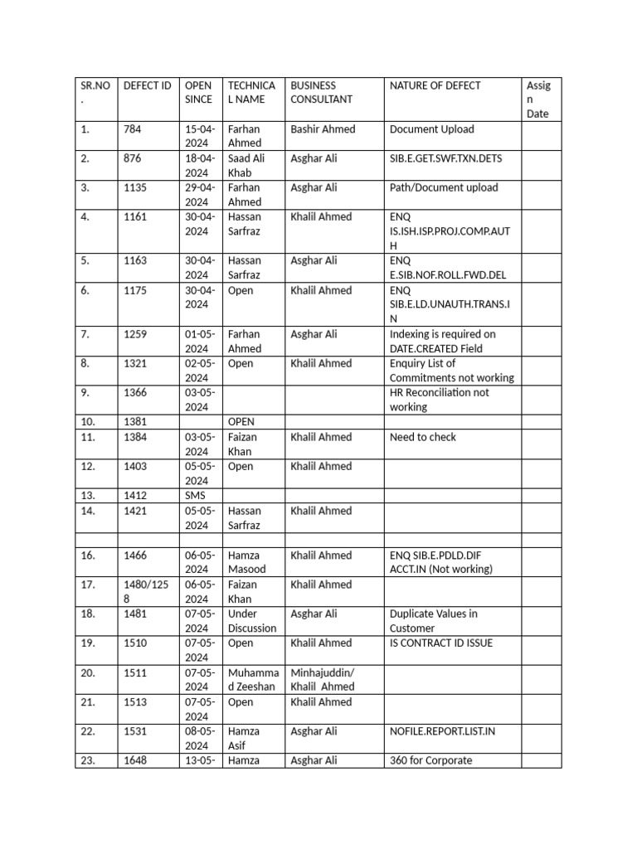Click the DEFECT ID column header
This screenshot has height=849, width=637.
pos(148,85)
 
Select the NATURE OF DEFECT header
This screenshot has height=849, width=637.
pos(435,85)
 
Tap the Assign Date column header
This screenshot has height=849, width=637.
pos(538,99)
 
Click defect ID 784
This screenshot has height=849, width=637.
pos(133,129)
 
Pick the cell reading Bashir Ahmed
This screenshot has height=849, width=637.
pos(323,129)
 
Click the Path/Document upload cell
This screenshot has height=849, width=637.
pos(444,187)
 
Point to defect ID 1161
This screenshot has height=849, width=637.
pos(135,217)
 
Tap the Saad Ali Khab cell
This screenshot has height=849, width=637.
pos(246,166)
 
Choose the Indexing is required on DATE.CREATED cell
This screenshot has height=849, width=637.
pos(443,342)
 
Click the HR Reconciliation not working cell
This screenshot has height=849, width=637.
pos(439,400)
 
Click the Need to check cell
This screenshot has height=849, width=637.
pos(423,438)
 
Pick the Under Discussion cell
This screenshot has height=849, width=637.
pos(252,621)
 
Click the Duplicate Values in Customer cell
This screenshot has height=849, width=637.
pos(433,621)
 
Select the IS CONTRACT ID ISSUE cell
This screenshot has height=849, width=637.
pos(440,643)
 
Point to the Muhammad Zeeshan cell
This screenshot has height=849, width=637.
pos(253,680)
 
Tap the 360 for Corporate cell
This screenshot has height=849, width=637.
pos(430,760)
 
